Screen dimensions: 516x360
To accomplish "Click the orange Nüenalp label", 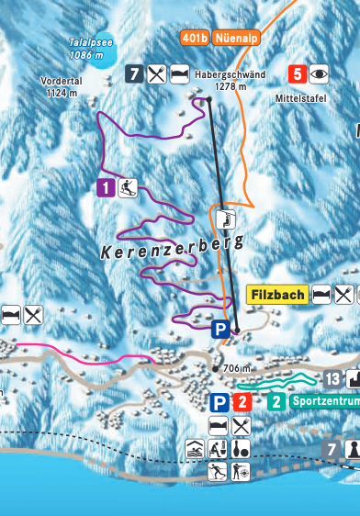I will (237, 38).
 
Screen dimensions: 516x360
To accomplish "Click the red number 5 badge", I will (297, 73).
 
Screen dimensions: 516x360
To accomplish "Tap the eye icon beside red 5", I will (319, 73).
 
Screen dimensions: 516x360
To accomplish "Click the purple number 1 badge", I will (107, 188).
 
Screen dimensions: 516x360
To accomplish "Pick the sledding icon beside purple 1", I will (129, 188).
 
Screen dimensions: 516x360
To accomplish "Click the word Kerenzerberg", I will (172, 246).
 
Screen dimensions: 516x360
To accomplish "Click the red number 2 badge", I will (241, 401).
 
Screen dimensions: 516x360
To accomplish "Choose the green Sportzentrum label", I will (322, 401).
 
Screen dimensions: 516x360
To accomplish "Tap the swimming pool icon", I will (195, 450).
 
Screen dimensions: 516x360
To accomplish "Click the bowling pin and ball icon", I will (241, 450).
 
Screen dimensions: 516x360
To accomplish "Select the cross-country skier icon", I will (218, 472).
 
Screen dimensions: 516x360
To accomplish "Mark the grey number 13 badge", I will (332, 378).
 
